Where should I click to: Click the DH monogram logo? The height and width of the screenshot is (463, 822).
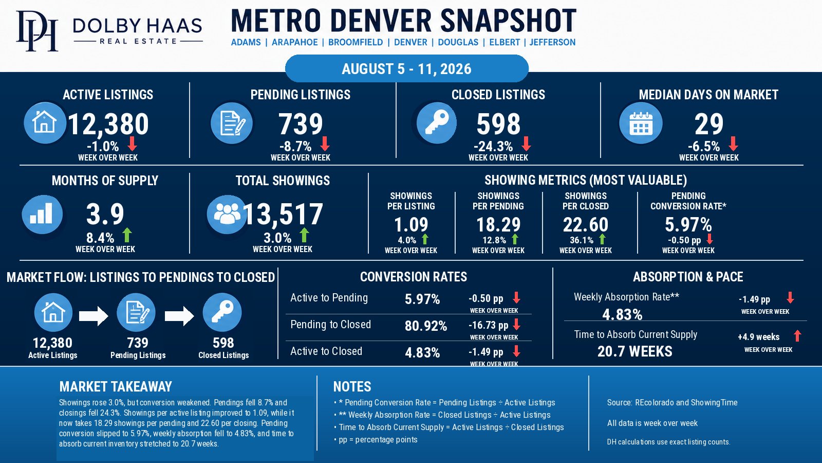pyautogui.click(x=37, y=30)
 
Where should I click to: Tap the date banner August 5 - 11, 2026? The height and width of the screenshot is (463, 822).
pyautogui.click(x=406, y=69)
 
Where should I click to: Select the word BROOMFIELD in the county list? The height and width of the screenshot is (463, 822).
pyautogui.click(x=355, y=42)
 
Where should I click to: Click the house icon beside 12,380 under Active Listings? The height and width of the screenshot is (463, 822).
pyautogui.click(x=44, y=123)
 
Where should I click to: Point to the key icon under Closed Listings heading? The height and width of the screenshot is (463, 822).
pyautogui.click(x=436, y=123)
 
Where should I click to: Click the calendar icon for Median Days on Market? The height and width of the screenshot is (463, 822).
pyautogui.click(x=641, y=123)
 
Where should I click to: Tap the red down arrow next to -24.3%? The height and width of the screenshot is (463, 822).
pyautogui.click(x=526, y=144)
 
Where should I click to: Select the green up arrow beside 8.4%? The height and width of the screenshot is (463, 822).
pyautogui.click(x=127, y=235)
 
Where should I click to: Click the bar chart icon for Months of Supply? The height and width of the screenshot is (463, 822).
pyautogui.click(x=42, y=214)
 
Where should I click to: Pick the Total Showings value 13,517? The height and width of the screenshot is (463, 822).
pyautogui.click(x=283, y=214)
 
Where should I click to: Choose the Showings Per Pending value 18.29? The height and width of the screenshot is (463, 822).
pyautogui.click(x=498, y=224)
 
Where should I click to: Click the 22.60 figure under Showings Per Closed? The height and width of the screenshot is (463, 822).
pyautogui.click(x=586, y=224)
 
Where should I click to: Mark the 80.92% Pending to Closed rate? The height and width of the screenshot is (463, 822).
pyautogui.click(x=426, y=326)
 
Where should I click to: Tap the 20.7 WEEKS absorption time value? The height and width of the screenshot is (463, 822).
pyautogui.click(x=635, y=351)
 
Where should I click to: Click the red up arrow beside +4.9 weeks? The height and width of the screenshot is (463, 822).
pyautogui.click(x=797, y=336)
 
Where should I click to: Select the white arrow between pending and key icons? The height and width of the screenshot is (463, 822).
pyautogui.click(x=179, y=316)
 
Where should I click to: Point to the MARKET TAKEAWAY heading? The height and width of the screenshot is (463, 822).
pyautogui.click(x=116, y=386)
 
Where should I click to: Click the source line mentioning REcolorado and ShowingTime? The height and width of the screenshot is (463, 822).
pyautogui.click(x=672, y=402)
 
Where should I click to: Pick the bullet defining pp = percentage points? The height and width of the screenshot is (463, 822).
pyautogui.click(x=376, y=439)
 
